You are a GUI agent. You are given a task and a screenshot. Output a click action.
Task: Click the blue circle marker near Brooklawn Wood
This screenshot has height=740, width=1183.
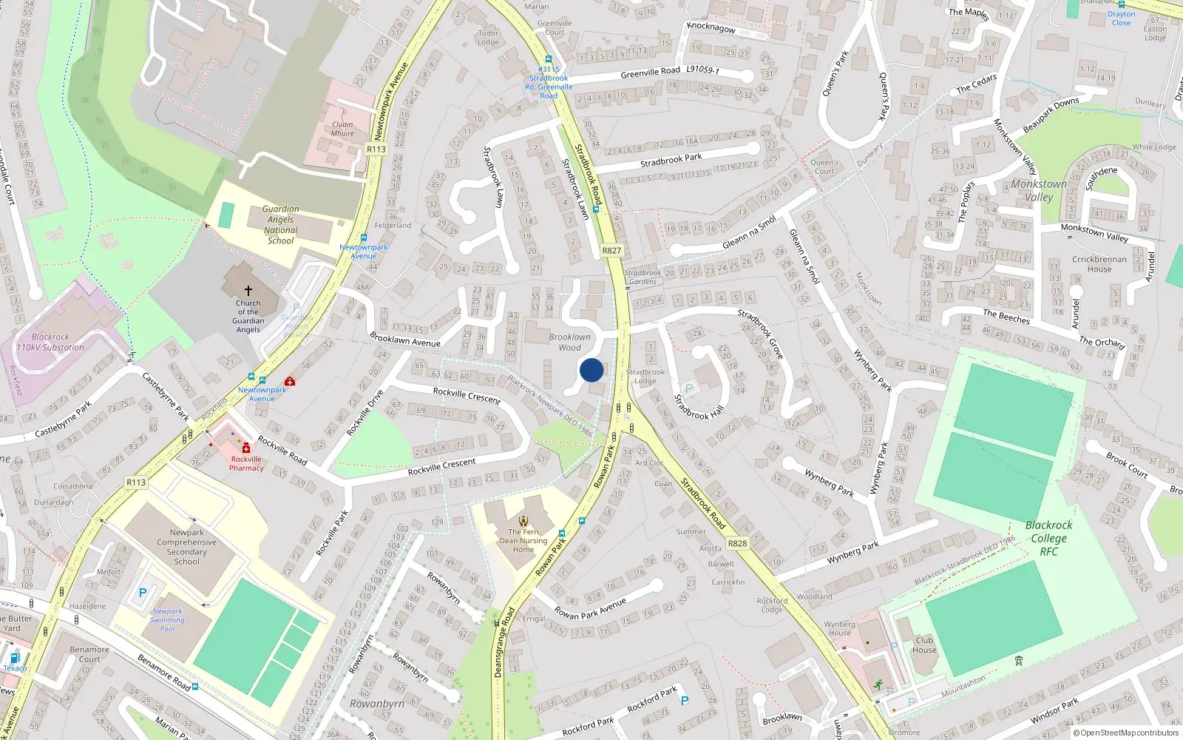[x=591, y=370]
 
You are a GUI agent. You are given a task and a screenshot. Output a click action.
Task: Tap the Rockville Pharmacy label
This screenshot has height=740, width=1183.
[x=246, y=463]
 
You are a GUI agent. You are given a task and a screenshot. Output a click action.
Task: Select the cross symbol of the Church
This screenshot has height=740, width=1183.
[x=248, y=291]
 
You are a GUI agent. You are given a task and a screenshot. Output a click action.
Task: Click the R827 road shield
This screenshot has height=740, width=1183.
[x=611, y=250]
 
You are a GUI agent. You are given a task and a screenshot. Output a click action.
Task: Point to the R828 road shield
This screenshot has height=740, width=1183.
[x=737, y=543]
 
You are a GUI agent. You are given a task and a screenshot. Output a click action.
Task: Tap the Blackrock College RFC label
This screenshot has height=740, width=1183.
[x=1048, y=538]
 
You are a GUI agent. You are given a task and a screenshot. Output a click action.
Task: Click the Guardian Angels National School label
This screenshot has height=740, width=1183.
[x=281, y=225]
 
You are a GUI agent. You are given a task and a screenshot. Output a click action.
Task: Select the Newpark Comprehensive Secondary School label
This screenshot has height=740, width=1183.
[x=187, y=547]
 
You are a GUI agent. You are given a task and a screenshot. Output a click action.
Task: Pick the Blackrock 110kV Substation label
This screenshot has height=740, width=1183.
[x=50, y=342]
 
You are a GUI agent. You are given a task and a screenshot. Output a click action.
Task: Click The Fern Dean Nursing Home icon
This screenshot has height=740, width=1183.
[x=523, y=521]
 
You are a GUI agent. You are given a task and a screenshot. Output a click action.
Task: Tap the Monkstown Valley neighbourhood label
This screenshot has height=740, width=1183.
[x=1039, y=190]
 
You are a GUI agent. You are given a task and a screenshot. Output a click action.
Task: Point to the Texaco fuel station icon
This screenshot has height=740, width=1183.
[x=15, y=658]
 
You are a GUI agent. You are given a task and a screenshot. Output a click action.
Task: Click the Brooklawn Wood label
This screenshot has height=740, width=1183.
[x=569, y=342]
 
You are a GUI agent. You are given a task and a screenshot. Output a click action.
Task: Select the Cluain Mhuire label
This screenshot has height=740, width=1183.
[x=342, y=129]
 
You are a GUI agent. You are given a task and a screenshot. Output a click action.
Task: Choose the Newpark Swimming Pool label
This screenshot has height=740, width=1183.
[x=168, y=620]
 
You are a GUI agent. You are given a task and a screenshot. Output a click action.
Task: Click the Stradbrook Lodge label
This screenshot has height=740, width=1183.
[x=645, y=377]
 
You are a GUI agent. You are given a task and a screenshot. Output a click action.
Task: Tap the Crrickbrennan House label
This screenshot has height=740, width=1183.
[x=1099, y=264]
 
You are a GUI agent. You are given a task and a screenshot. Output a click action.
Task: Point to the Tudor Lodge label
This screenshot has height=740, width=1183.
[x=488, y=38]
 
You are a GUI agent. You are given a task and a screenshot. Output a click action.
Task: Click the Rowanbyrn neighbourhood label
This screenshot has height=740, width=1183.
[x=377, y=704]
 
